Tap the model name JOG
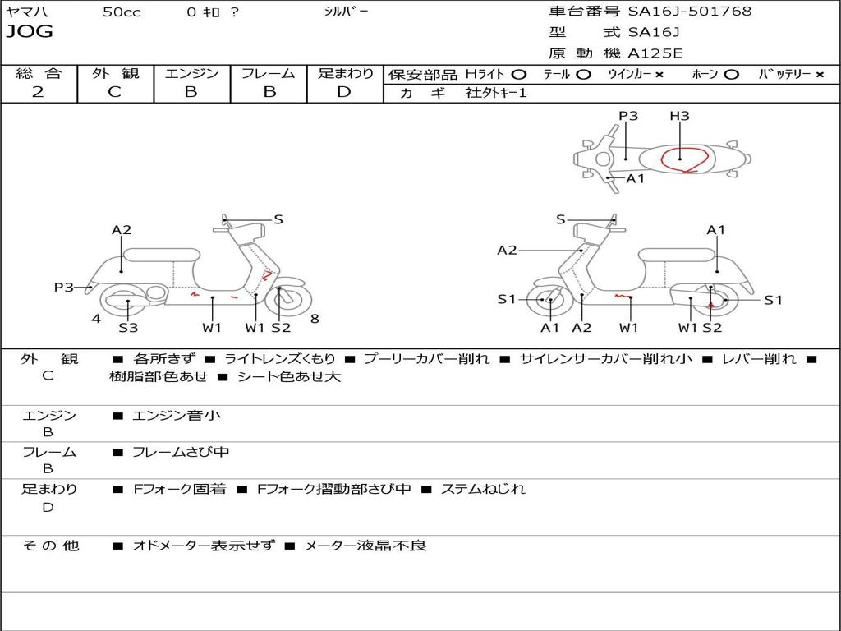(x=29, y=32)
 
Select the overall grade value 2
(x=38, y=92)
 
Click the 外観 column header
(x=115, y=73)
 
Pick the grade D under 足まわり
(x=344, y=92)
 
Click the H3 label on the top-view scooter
(x=679, y=116)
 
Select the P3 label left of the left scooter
(x=64, y=287)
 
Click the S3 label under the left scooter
(x=128, y=328)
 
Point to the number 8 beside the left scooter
(x=315, y=318)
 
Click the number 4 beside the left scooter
(x=96, y=318)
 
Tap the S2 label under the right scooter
(x=712, y=328)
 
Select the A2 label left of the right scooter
(x=507, y=251)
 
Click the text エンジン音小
(x=177, y=416)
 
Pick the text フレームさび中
(x=181, y=452)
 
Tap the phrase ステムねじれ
(x=483, y=489)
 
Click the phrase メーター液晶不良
(x=365, y=546)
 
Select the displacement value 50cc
(x=122, y=12)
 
